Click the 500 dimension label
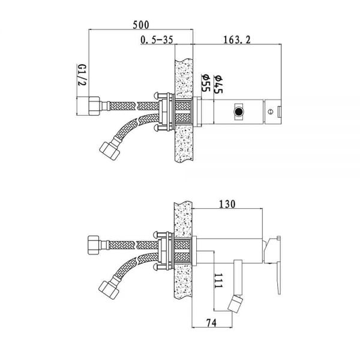pyautogui.click(x=141, y=25)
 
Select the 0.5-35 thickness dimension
pyautogui.click(x=157, y=40)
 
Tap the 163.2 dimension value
pyautogui.click(x=237, y=40)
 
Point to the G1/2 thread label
pyautogui.click(x=82, y=74)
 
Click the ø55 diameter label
pyautogui.click(x=205, y=83)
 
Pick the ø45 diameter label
pyautogui.click(x=218, y=84)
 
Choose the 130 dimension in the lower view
pyautogui.click(x=227, y=204)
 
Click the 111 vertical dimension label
pyautogui.click(x=218, y=281)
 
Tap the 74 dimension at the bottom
pyautogui.click(x=211, y=323)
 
